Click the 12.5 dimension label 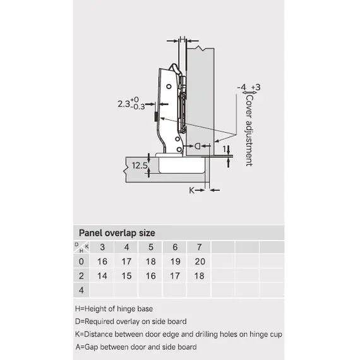click(140, 165)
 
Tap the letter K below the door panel click(192, 190)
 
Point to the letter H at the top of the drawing click(183, 39)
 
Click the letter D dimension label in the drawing click(198, 147)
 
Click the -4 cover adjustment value click(241, 87)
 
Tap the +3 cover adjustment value click(256, 87)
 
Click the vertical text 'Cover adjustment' click(249, 130)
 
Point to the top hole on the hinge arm click(169, 87)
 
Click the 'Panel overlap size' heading click(117, 233)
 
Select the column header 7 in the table click(200, 247)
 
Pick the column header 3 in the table click(102, 247)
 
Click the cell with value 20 click(200, 261)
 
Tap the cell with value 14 click(102, 276)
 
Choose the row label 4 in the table click(81, 290)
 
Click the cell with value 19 click(175, 261)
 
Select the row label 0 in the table click(81, 261)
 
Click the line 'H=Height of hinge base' click(114, 309)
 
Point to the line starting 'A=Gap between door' click(136, 347)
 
